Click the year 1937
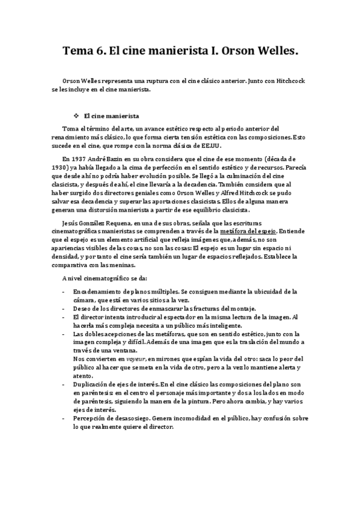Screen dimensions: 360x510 click(82, 157)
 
